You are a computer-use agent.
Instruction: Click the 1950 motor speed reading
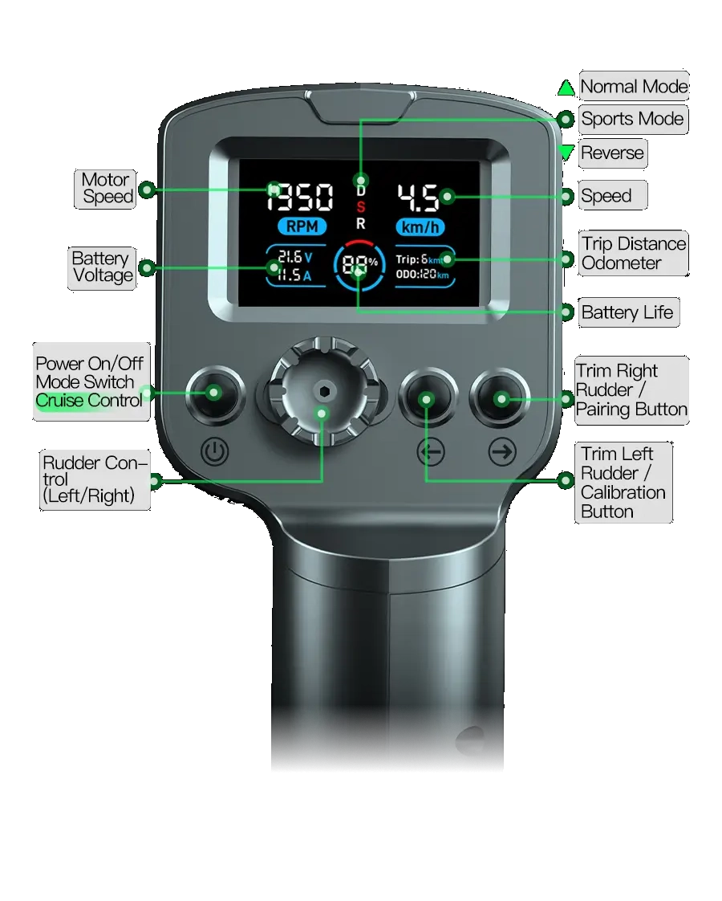coord(300,197)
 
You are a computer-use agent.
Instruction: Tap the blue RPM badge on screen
coord(302,226)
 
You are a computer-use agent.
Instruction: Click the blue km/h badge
coord(420,227)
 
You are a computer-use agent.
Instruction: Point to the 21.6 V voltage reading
coord(295,257)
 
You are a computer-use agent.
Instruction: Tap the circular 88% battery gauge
coord(359,266)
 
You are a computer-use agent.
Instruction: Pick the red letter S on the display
coord(360,207)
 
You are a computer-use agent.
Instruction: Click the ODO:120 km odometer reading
coord(423,274)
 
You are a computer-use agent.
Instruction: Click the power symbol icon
coord(215,451)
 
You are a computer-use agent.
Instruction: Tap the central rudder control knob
coord(323,391)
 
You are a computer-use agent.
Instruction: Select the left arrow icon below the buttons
coord(431,452)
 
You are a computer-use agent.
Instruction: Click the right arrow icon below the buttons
coord(502,452)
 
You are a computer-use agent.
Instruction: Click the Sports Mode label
coord(632,119)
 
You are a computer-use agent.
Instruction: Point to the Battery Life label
coord(627,312)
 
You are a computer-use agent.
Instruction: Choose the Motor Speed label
coord(107,189)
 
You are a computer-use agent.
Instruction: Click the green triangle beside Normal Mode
coord(566,88)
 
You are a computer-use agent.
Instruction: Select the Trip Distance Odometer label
coord(634,254)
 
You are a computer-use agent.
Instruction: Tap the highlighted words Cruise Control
coord(89,401)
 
